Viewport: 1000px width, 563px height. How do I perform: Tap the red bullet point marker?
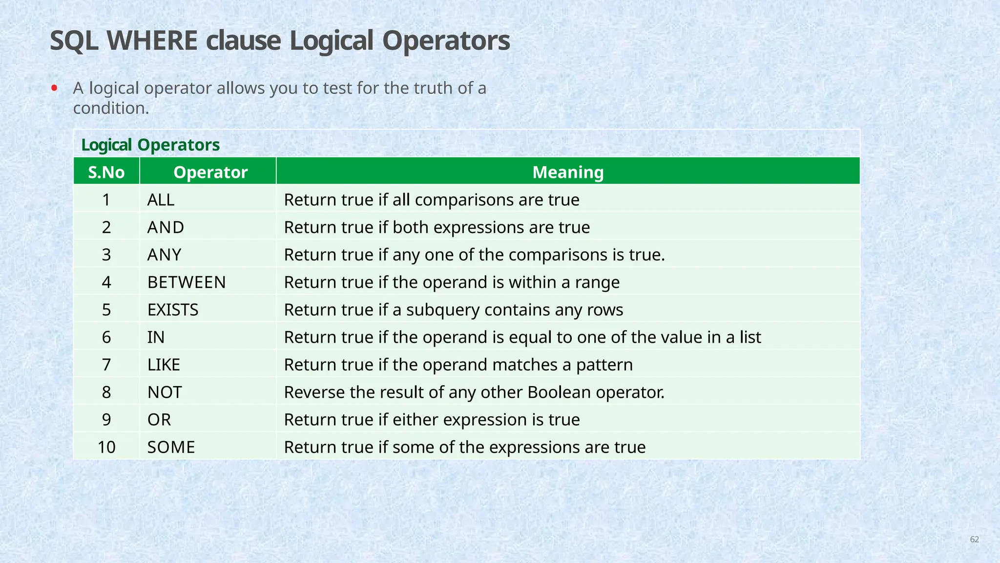(x=54, y=88)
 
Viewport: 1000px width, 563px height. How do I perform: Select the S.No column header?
(x=106, y=172)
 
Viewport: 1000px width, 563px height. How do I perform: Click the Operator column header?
(x=210, y=172)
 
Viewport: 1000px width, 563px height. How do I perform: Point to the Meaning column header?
(x=568, y=172)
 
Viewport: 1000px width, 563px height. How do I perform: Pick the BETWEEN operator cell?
(x=187, y=282)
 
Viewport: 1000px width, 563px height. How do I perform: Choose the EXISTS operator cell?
(x=173, y=310)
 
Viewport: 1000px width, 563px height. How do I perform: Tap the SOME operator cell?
(x=171, y=447)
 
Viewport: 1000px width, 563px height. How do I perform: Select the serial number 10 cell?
(x=106, y=447)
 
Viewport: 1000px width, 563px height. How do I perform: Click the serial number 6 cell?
(x=106, y=337)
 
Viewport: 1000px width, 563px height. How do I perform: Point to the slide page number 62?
(x=974, y=540)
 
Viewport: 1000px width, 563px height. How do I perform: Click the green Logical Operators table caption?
(x=150, y=145)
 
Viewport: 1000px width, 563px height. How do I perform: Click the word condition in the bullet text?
(x=111, y=108)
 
